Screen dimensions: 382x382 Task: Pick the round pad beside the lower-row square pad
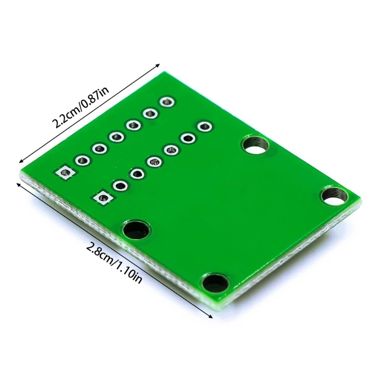click(x=120, y=185)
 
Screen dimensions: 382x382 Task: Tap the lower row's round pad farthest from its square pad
click(x=204, y=127)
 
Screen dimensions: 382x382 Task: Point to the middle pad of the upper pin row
click(x=116, y=137)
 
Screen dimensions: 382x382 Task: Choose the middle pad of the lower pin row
click(x=154, y=162)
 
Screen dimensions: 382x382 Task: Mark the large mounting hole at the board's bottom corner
click(x=215, y=283)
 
